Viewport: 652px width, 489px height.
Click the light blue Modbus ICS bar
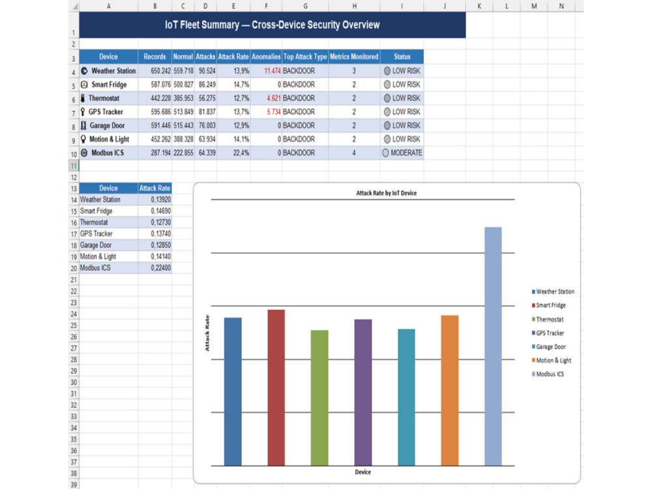point(493,346)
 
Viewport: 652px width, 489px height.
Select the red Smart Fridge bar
point(276,387)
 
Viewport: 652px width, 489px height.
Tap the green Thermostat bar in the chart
point(319,398)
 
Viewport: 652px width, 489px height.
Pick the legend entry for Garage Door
point(548,347)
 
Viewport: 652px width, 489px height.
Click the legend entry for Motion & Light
point(552,361)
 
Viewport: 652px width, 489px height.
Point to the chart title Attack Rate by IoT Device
point(386,193)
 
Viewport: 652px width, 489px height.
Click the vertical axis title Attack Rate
point(207,333)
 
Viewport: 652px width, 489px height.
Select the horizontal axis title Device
point(363,472)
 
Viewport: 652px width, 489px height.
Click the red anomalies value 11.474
point(273,70)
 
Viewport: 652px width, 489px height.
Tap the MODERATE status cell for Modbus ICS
point(402,153)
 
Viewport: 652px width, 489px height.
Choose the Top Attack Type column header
point(305,57)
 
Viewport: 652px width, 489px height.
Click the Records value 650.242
point(160,70)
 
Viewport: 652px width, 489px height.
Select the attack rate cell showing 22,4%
point(241,153)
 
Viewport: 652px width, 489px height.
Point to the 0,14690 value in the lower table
point(160,211)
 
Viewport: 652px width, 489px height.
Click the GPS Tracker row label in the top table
point(106,112)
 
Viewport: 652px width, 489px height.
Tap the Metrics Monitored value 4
point(354,153)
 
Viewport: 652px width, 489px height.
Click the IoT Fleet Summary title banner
point(273,25)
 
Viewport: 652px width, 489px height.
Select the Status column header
point(402,57)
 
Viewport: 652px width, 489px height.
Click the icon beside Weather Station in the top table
point(84,70)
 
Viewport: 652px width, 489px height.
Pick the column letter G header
point(305,6)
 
